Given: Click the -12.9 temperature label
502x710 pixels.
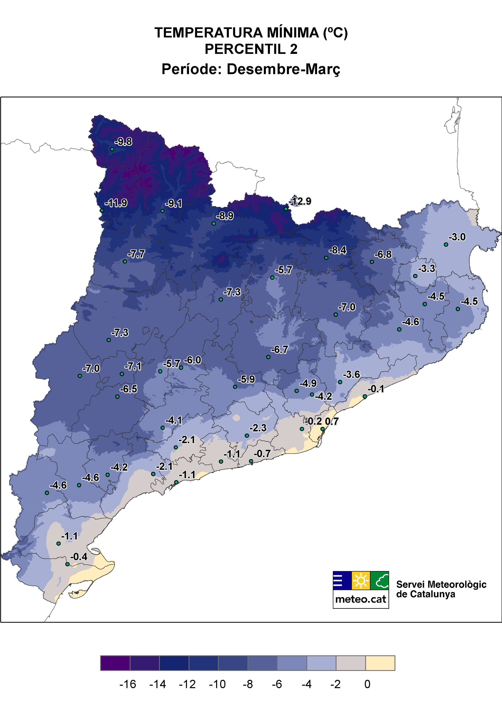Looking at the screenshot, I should [300, 202].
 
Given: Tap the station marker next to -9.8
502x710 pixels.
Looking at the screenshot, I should [112, 149].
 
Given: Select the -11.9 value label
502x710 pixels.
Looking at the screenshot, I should [116, 203].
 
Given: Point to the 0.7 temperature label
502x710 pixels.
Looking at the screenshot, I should [332, 421].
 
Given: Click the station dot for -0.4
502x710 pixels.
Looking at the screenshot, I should [67, 564].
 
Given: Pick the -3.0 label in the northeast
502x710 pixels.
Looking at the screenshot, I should [457, 237].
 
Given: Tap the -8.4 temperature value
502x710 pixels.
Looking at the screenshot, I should [337, 250].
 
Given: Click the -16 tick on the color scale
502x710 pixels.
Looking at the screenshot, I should [128, 684].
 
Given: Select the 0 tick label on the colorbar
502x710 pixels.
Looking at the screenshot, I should [367, 684].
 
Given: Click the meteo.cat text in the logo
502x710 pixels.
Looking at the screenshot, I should [361, 599].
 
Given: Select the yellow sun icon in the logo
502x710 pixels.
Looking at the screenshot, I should [361, 581].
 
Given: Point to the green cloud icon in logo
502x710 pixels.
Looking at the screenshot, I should [380, 581].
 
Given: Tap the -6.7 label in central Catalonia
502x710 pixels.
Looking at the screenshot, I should [280, 350].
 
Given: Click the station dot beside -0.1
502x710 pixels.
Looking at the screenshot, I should [365, 396].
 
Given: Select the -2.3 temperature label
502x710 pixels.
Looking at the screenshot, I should [258, 428].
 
